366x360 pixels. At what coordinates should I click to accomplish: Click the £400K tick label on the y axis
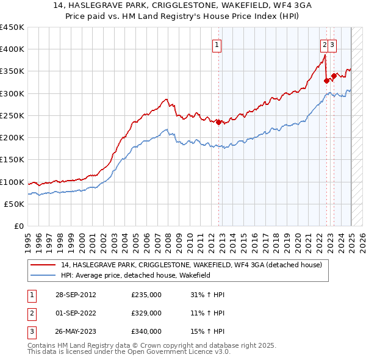click(12, 49)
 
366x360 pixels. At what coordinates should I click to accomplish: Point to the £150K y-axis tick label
click(12, 160)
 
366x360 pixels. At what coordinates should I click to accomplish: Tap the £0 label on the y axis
click(18, 226)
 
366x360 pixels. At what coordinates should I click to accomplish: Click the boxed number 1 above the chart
click(217, 44)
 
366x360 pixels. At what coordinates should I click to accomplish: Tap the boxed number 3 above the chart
click(332, 44)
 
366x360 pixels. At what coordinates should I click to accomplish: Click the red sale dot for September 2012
click(218, 122)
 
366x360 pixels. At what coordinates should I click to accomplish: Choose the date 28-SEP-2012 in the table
click(76, 295)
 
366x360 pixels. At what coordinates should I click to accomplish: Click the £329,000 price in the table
click(146, 313)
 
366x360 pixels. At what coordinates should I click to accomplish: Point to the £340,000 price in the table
click(146, 331)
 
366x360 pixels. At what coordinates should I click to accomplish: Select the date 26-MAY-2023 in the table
click(76, 331)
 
